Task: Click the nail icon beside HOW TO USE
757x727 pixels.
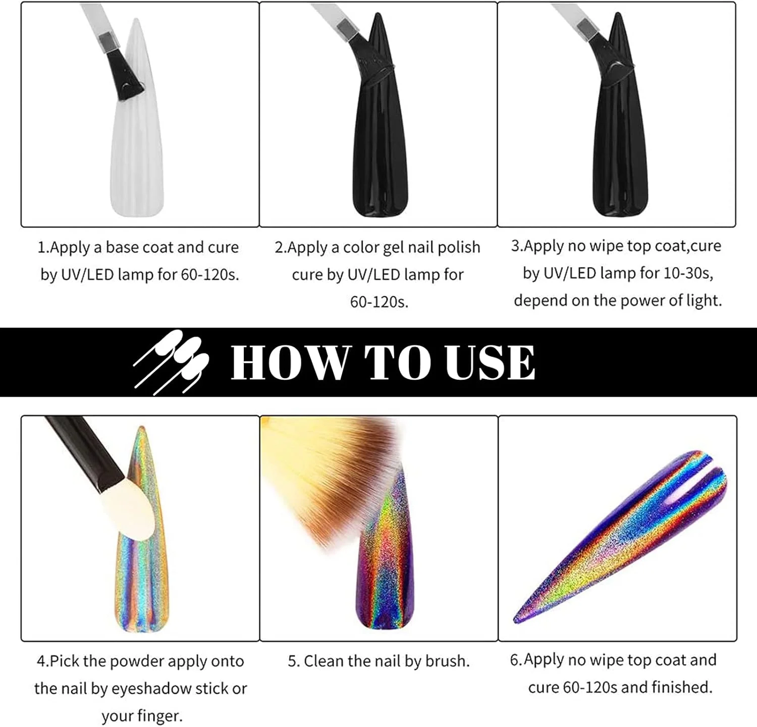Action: tap(172, 361)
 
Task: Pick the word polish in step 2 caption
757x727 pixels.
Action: tap(459, 248)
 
